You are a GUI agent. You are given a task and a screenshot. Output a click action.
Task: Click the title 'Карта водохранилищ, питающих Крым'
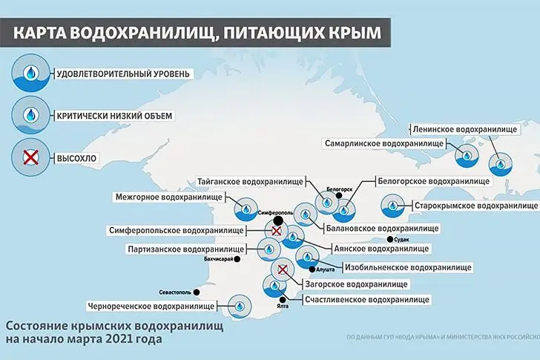[197, 33]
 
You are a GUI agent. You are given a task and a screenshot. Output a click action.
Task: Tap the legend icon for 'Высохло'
[29, 158]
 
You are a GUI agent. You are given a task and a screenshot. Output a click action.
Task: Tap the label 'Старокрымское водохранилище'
[474, 204]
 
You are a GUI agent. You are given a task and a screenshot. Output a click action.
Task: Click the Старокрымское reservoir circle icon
[392, 206]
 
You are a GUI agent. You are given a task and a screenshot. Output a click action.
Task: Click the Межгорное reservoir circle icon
[245, 210]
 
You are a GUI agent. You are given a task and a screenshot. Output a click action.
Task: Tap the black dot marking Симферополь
[277, 221]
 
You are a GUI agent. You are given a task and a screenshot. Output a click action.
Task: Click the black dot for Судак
[390, 240]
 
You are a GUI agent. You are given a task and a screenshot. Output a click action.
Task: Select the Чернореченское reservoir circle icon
[239, 304]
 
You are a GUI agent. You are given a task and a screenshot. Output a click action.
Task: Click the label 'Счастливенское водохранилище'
[367, 300]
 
